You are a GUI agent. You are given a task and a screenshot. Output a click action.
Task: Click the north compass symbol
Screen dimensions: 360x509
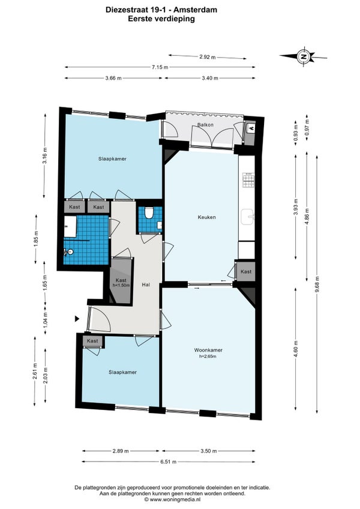coord(304,56)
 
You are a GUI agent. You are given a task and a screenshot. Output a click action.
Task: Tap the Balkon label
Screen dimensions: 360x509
coord(205,125)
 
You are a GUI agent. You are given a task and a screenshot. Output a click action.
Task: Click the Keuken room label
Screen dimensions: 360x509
coord(207,217)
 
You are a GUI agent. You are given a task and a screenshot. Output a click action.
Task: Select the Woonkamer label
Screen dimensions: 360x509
coord(208,350)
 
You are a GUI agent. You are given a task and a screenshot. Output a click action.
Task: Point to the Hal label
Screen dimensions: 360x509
coord(146,285)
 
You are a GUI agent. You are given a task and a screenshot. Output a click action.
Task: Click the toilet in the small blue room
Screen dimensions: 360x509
coord(149,212)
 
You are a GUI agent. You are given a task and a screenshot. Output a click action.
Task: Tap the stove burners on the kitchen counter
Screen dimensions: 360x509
coord(248,181)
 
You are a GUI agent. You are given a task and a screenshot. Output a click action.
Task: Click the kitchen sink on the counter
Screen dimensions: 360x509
coord(248,217)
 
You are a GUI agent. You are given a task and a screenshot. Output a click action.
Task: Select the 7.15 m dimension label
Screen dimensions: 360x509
coord(160,67)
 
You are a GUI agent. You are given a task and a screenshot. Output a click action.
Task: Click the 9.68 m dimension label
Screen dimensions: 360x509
coord(317,285)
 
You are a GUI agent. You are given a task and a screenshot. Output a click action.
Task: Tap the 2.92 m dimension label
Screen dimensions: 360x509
coord(208,57)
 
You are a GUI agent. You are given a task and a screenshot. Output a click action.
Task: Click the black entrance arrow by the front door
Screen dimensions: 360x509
coord(77,319)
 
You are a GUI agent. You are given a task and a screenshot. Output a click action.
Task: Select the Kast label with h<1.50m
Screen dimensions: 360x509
coord(121,283)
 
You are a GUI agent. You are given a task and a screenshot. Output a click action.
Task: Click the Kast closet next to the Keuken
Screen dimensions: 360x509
coord(246,271)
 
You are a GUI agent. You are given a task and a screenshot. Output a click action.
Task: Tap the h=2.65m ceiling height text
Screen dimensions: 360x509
coord(208,356)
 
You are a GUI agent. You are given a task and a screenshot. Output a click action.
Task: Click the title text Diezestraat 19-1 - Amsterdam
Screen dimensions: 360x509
coord(161,10)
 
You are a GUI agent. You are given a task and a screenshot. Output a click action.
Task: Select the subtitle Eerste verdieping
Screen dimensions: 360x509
coord(161,19)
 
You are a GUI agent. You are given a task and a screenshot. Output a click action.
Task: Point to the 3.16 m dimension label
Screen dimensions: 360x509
coord(45,156)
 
